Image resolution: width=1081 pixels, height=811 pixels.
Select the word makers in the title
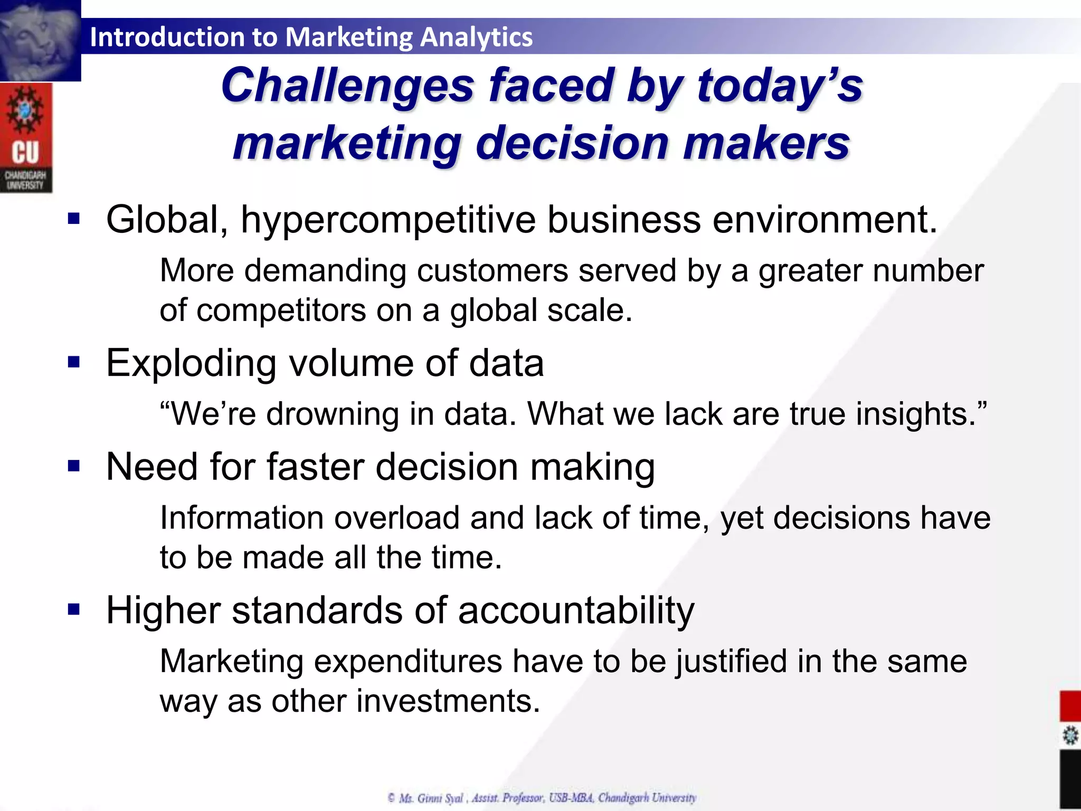point(766,144)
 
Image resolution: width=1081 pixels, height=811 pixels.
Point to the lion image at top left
point(40,40)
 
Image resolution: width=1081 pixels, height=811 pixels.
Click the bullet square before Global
point(74,219)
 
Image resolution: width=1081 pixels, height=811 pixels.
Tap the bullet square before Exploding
point(74,362)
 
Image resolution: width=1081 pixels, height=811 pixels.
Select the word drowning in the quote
point(332,413)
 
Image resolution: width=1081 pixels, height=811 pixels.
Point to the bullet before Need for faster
point(74,466)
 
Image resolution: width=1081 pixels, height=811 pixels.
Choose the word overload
point(396,517)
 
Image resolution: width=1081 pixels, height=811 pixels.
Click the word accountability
point(576,610)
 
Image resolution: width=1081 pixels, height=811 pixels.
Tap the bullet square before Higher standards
point(74,610)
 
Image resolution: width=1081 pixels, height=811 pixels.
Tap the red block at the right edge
point(1070,705)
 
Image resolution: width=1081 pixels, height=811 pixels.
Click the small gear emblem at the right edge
point(1070,735)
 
